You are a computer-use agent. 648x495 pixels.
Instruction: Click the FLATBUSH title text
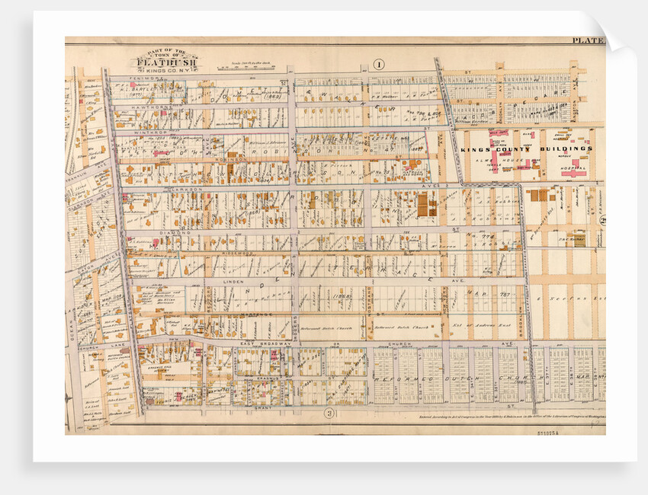coord(165,63)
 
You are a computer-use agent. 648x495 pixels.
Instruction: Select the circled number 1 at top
coord(377,64)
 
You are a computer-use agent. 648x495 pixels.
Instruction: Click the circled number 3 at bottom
coord(329,414)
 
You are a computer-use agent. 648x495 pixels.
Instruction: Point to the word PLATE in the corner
coord(586,40)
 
